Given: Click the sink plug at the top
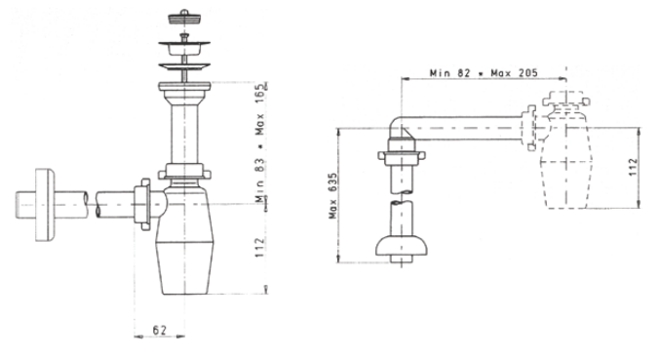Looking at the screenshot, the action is tap(184, 17).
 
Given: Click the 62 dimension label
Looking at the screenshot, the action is tap(160, 330).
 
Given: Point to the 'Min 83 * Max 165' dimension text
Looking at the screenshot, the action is tap(261, 143).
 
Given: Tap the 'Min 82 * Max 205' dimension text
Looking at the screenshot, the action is tap(484, 73).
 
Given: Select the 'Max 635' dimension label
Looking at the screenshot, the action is tap(333, 196).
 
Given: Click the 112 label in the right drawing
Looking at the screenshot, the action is tap(634, 167).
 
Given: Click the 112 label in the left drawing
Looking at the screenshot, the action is tap(260, 248).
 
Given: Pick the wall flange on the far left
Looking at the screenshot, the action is tap(45, 205).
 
